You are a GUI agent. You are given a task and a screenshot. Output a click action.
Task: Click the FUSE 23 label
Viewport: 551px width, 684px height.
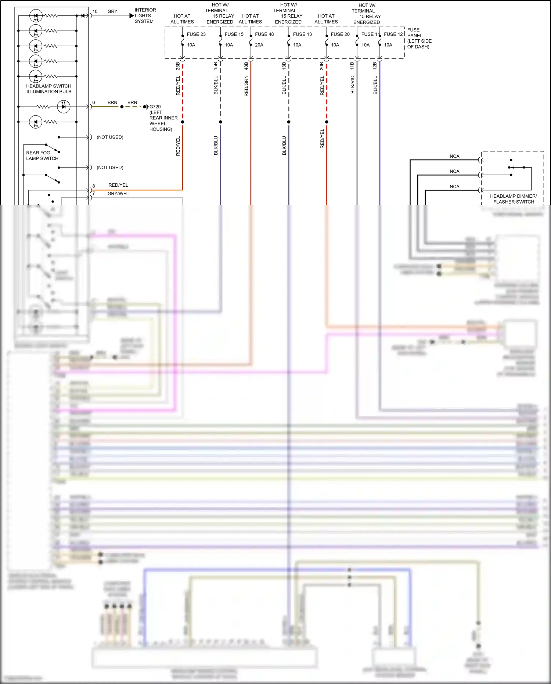pyautogui.click(x=196, y=34)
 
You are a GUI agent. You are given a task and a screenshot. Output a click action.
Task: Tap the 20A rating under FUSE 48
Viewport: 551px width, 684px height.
pyautogui.click(x=259, y=45)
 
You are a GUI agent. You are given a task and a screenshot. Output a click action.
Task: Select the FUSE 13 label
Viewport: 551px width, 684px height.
pyautogui.click(x=302, y=34)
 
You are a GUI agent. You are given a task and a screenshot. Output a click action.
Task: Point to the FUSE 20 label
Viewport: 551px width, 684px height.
pyautogui.click(x=340, y=34)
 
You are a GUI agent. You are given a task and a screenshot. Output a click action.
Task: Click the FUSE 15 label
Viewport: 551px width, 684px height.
pyautogui.click(x=234, y=34)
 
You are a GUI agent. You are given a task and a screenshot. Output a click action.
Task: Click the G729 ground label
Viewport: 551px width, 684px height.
pyautogui.click(x=155, y=107)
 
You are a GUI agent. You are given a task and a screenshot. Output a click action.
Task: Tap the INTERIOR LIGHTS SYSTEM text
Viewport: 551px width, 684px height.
pyautogui.click(x=145, y=16)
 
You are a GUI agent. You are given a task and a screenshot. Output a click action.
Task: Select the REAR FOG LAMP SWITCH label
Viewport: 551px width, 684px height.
pyautogui.click(x=42, y=155)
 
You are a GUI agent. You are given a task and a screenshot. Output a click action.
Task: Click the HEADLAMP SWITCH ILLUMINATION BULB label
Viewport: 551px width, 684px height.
pyautogui.click(x=48, y=89)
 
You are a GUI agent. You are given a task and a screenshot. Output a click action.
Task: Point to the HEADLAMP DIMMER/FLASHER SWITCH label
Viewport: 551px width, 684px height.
pyautogui.click(x=513, y=199)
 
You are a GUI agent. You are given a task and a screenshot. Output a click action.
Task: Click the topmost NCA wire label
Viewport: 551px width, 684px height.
pyautogui.click(x=454, y=156)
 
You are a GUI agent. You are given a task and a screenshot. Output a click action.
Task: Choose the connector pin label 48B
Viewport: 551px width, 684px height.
pyautogui.click(x=246, y=66)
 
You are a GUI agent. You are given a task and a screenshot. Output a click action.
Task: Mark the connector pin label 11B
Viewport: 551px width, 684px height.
pyautogui.click(x=352, y=66)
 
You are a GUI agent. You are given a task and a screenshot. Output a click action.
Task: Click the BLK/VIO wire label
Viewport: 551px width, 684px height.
pyautogui.click(x=352, y=85)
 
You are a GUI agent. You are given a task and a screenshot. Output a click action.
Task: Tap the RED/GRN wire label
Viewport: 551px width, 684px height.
pyautogui.click(x=246, y=86)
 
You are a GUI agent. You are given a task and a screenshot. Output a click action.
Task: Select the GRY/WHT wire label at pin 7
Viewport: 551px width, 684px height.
pyautogui.click(x=118, y=193)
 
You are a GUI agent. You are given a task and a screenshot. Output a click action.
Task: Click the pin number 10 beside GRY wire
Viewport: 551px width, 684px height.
pyautogui.click(x=95, y=11)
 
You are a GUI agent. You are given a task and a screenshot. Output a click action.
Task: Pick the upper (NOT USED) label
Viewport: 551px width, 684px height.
pyautogui.click(x=110, y=137)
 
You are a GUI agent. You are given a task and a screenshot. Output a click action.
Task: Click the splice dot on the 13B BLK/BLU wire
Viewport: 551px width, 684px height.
pyautogui.click(x=289, y=122)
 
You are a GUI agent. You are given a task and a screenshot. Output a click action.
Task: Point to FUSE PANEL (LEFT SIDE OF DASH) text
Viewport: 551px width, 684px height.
pyautogui.click(x=419, y=38)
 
